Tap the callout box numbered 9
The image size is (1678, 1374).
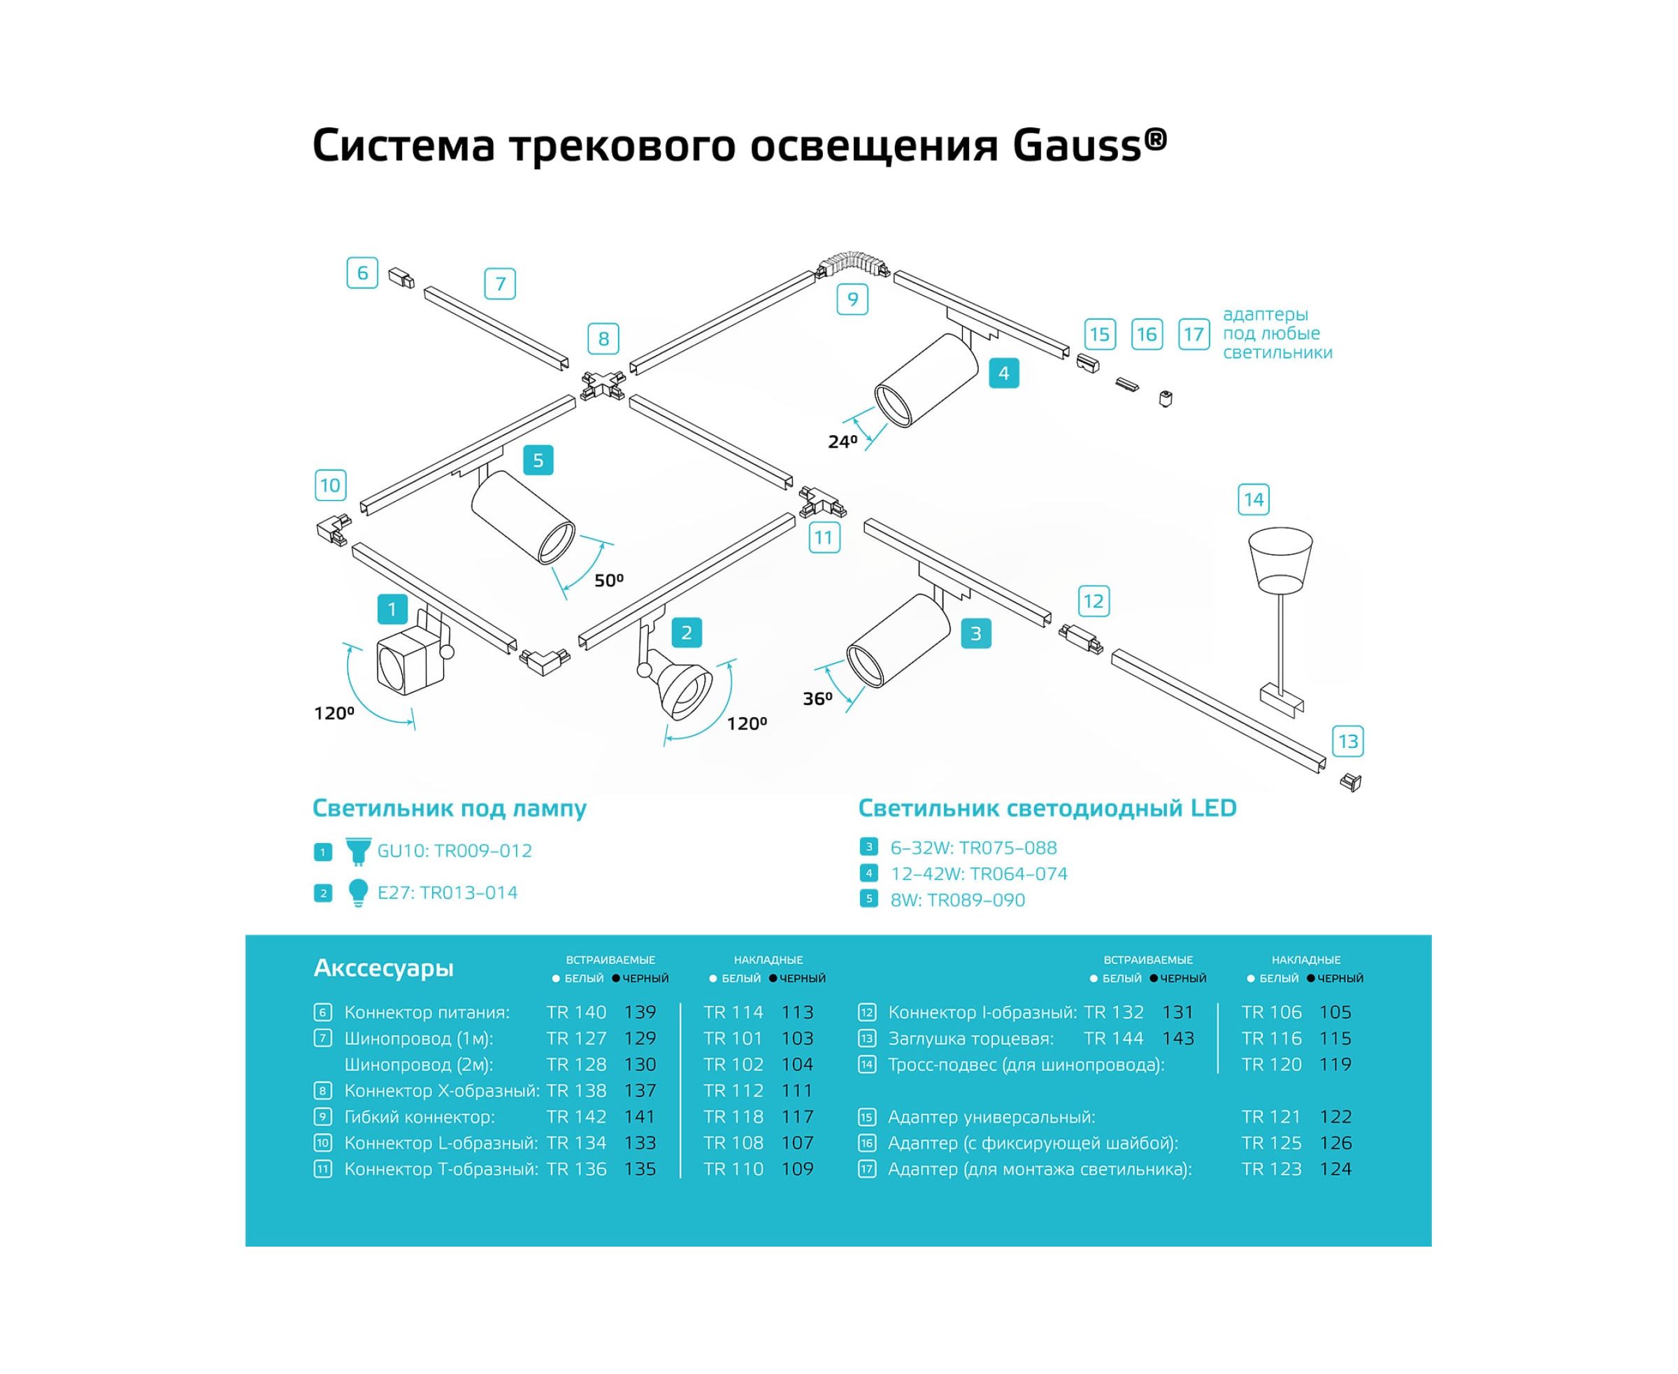[852, 299]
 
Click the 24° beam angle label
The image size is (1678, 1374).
[842, 441]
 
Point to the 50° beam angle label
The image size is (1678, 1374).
[608, 581]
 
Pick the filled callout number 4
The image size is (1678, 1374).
[1003, 373]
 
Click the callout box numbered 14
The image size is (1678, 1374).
[1253, 500]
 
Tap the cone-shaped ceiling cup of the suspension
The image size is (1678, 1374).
[1280, 558]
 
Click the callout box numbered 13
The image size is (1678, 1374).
[1347, 742]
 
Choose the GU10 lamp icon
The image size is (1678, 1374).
[359, 851]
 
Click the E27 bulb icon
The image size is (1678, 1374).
[359, 892]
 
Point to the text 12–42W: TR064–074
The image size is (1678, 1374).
[979, 874]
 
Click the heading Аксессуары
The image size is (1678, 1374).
[384, 968]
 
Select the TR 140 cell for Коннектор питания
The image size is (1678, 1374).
[576, 1012]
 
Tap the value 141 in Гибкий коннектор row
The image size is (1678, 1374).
[639, 1117]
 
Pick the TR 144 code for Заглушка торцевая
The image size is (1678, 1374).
[1114, 1038]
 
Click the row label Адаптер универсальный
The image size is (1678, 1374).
[991, 1117]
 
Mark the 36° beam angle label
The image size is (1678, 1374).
[817, 699]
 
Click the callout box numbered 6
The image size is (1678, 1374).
[362, 273]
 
